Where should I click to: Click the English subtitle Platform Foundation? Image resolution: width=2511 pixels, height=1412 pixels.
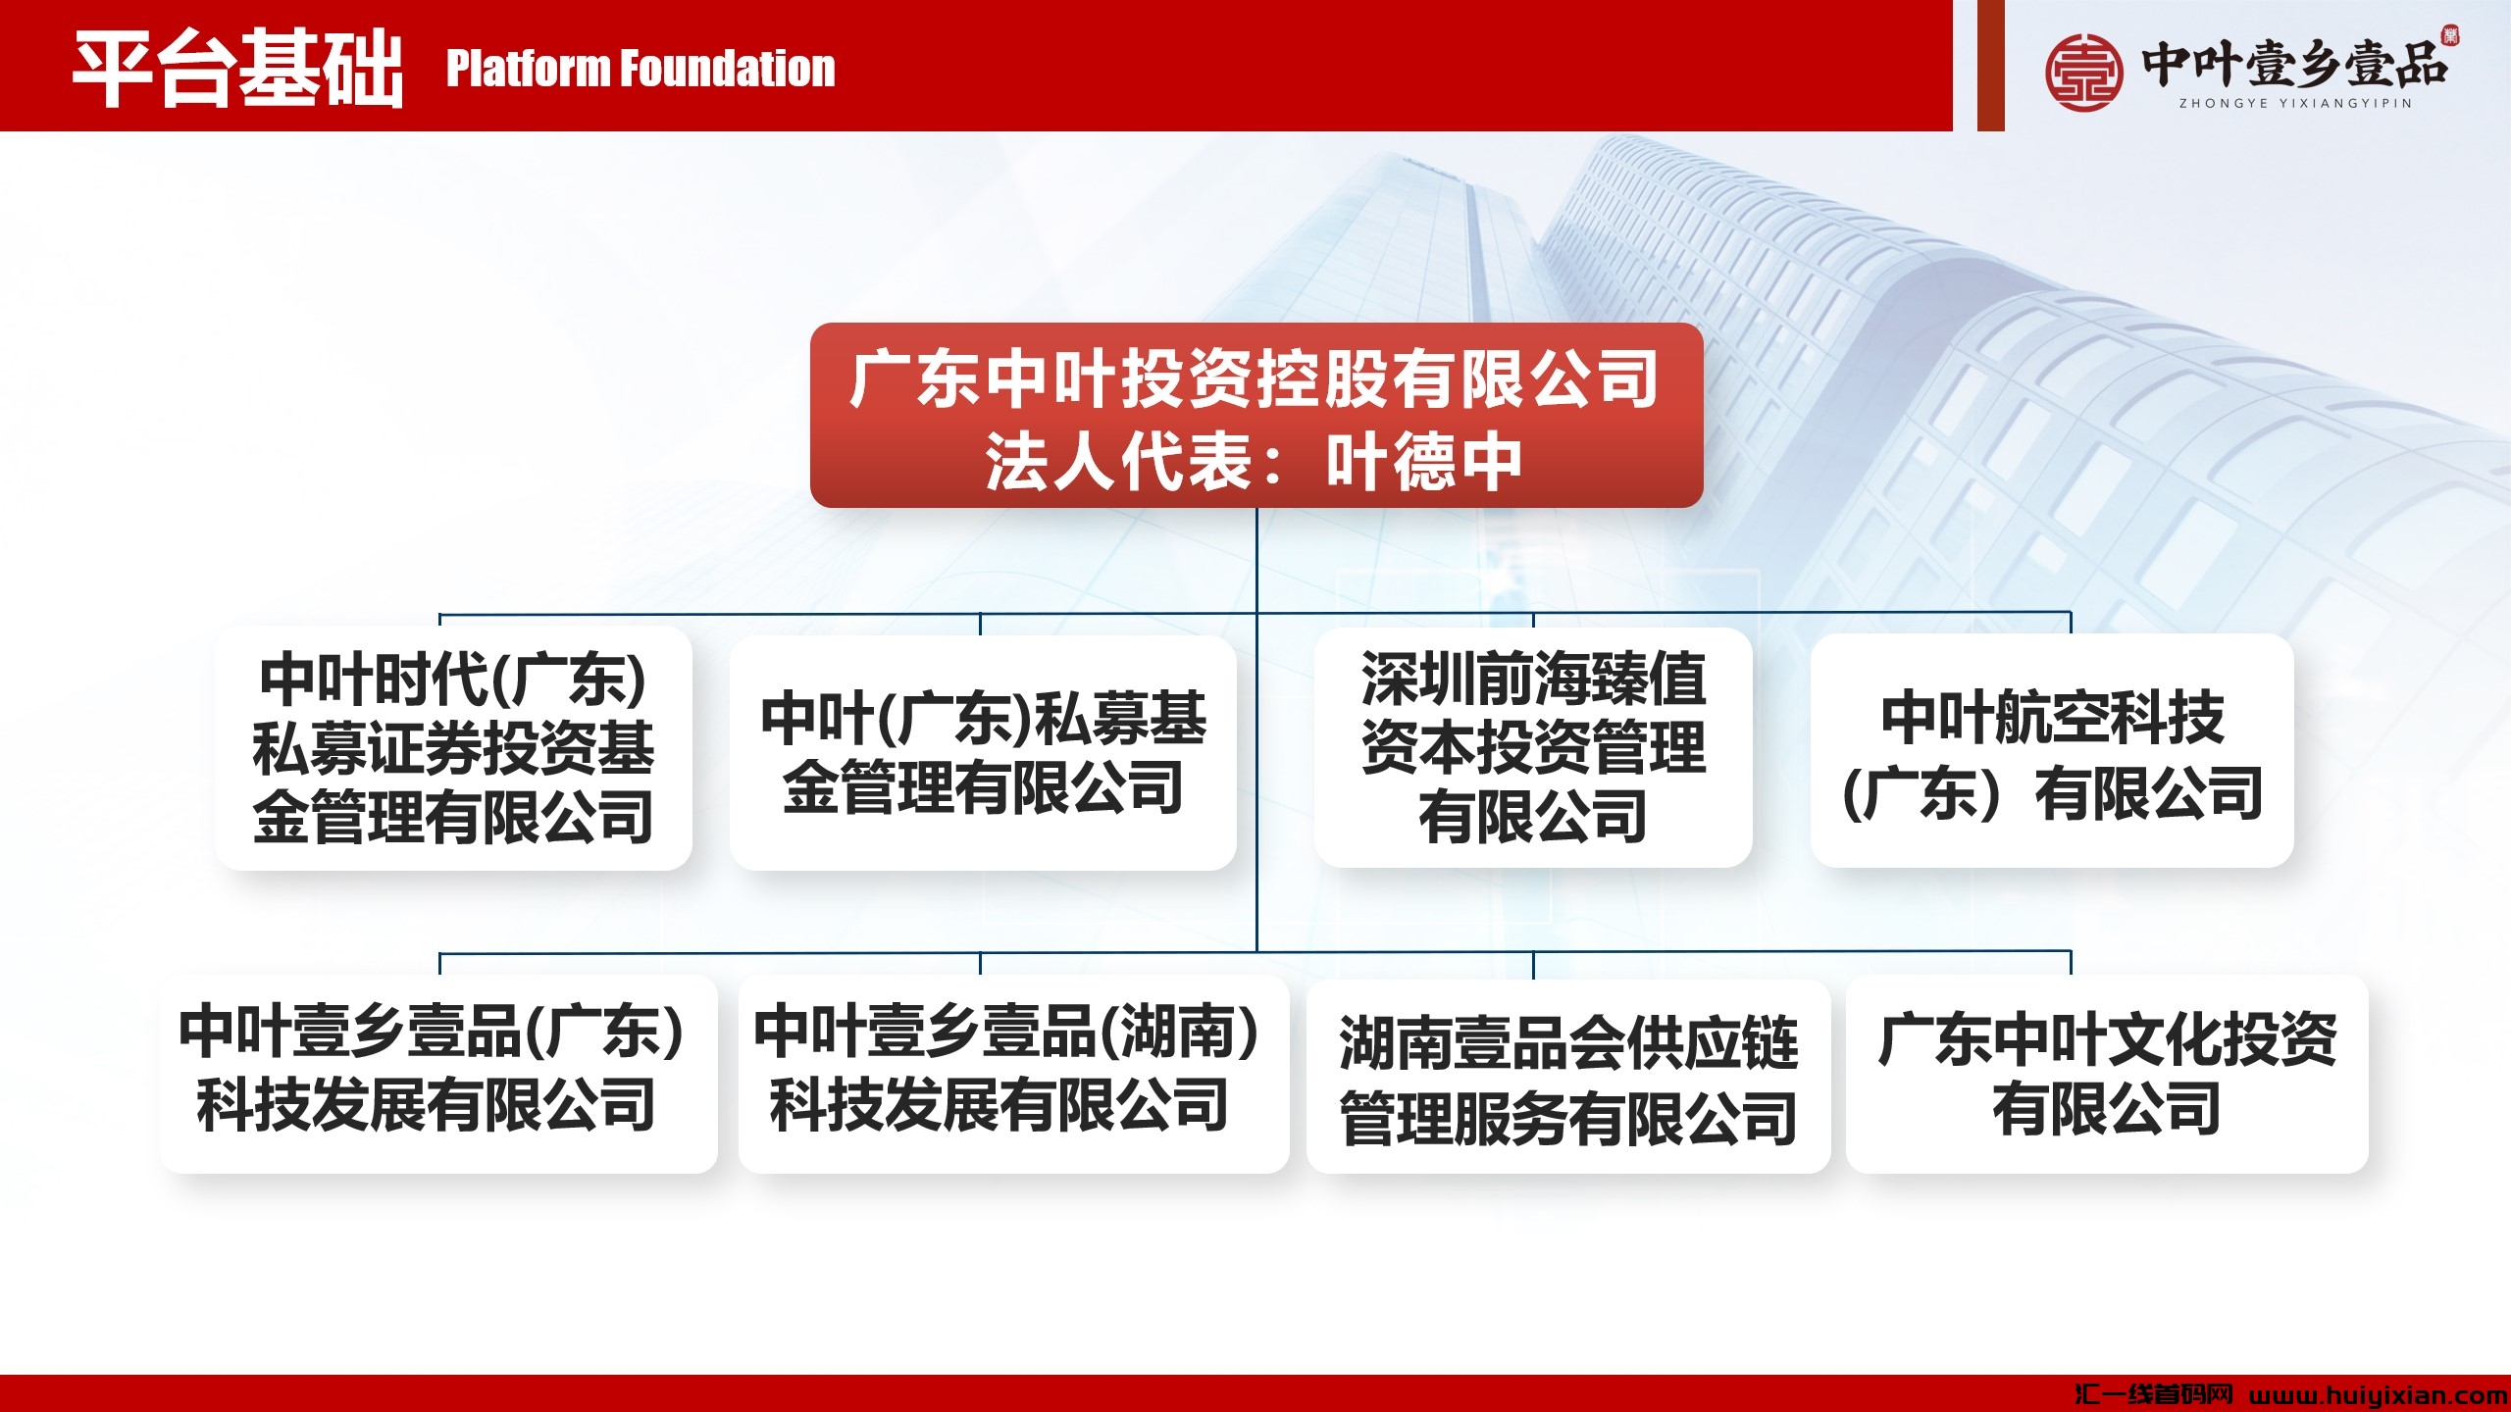[x=641, y=69]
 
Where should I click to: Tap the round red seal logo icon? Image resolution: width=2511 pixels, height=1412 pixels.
[x=2084, y=72]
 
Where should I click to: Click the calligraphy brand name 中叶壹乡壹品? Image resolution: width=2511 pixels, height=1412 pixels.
[x=2294, y=63]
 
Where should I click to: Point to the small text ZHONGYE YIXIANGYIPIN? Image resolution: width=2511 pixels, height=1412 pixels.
[x=2295, y=103]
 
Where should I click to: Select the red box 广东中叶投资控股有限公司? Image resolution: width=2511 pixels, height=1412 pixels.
[x=1256, y=415]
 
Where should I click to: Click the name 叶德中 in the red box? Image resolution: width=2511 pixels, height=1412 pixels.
[x=1424, y=461]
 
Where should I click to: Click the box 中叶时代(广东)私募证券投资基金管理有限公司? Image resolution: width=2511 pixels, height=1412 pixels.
[x=453, y=748]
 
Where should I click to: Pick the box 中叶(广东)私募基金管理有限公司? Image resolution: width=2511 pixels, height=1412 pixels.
[x=983, y=752]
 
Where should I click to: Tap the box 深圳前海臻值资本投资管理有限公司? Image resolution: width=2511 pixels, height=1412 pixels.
[x=1533, y=747]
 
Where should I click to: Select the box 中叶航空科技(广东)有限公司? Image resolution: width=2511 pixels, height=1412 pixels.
[x=2052, y=750]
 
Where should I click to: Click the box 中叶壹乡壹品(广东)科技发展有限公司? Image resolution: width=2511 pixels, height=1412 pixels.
[x=438, y=1074]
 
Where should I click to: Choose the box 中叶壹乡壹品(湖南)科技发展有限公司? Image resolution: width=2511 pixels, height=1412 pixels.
[x=1013, y=1074]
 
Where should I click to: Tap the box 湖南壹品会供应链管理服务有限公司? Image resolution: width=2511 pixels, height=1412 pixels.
[x=1568, y=1077]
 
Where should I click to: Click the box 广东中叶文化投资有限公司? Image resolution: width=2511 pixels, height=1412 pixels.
[x=2107, y=1075]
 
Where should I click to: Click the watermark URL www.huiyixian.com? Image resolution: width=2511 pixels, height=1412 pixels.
[x=2379, y=1394]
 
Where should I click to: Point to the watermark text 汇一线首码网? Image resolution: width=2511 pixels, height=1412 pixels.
[x=2154, y=1394]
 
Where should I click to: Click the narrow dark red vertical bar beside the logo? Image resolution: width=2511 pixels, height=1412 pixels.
[x=1991, y=65]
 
